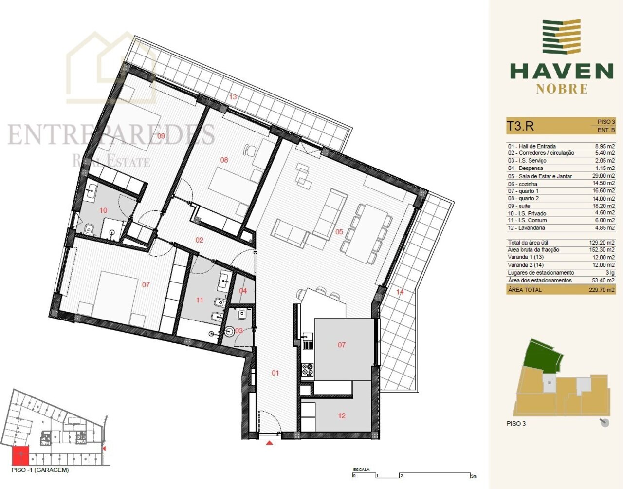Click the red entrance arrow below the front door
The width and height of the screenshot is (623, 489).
[269, 443]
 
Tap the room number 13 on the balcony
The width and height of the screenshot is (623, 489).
[233, 97]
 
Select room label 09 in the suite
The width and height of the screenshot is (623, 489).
[161, 136]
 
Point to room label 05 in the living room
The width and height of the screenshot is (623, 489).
[339, 231]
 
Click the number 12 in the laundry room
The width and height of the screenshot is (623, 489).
[342, 415]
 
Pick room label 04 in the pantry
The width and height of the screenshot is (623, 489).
[243, 291]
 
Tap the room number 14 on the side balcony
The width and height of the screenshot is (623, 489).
[400, 292]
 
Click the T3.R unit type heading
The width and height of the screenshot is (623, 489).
[520, 126]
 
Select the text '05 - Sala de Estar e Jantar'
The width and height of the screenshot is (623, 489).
[540, 176]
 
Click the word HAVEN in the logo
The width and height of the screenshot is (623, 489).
[561, 71]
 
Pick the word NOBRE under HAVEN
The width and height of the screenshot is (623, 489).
[562, 89]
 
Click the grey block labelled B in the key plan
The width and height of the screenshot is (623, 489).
[550, 383]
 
